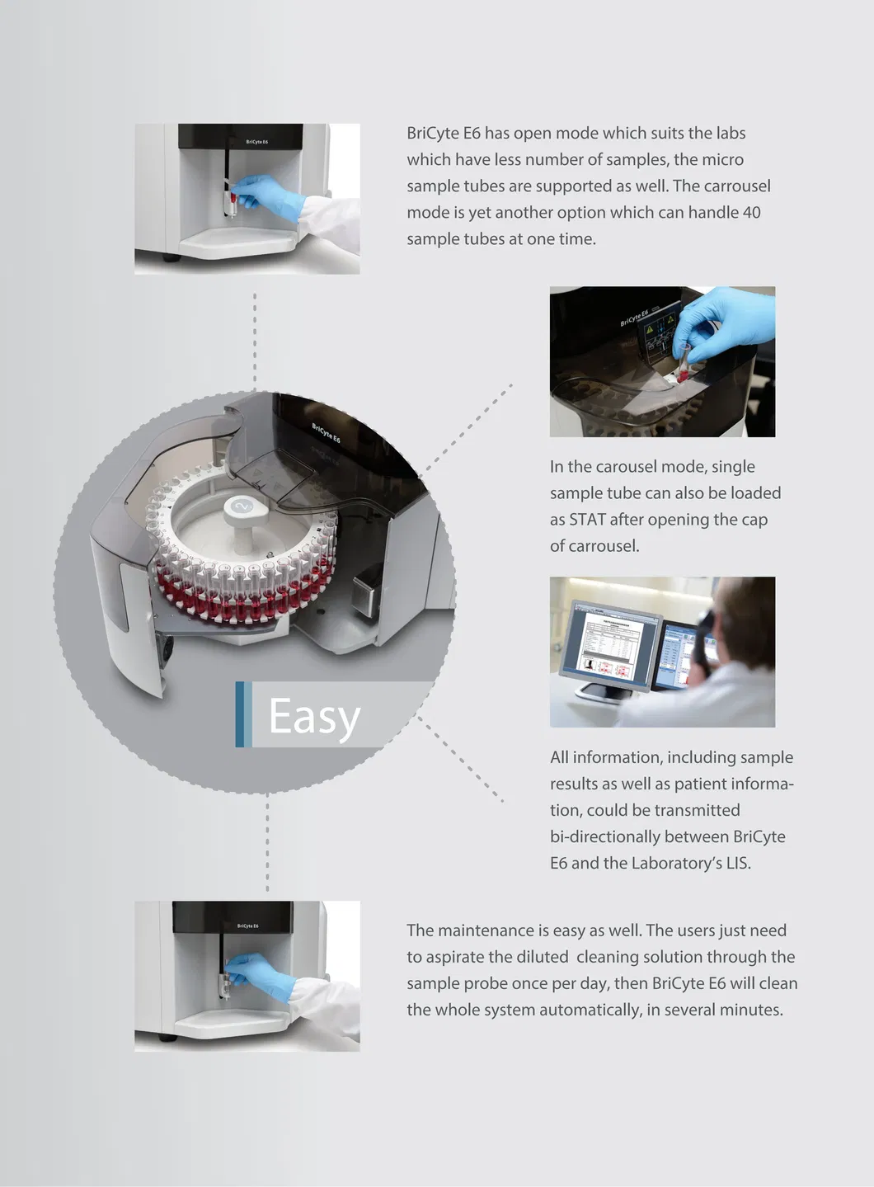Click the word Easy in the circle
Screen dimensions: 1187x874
pyautogui.click(x=314, y=716)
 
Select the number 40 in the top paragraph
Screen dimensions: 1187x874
pyautogui.click(x=751, y=212)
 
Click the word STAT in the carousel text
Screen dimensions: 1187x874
pyautogui.click(x=587, y=520)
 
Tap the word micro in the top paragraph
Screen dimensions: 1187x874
pyautogui.click(x=722, y=159)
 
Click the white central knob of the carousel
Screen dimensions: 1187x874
pyautogui.click(x=242, y=510)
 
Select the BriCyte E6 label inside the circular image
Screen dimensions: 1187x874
pyautogui.click(x=326, y=433)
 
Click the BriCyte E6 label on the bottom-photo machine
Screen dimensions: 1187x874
pyautogui.click(x=247, y=926)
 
